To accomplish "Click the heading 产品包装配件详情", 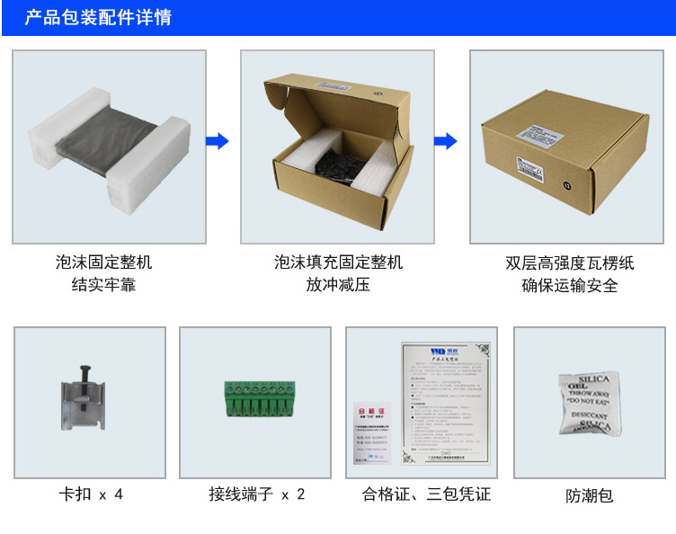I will (98, 18).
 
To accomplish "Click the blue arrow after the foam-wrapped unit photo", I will (217, 141).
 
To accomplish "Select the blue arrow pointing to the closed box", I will (446, 141).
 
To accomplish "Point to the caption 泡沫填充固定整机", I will (338, 263).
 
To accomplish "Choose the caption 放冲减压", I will (338, 286).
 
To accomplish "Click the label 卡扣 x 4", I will (90, 494).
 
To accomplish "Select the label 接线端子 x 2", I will (256, 494).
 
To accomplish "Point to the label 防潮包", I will (589, 495).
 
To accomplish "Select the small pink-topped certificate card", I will (371, 432).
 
